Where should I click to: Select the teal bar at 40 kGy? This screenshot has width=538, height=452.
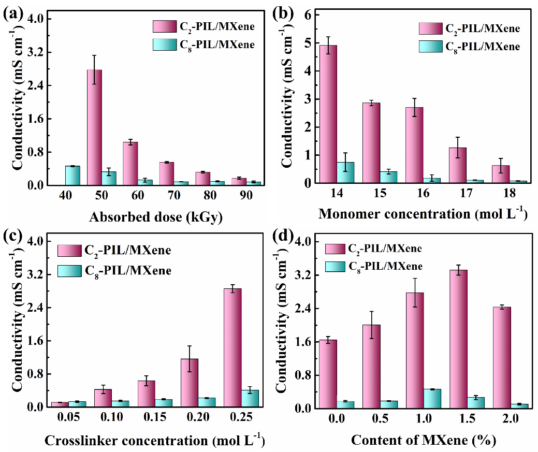(x=72, y=176)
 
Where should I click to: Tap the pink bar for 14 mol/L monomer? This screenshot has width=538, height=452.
(x=328, y=114)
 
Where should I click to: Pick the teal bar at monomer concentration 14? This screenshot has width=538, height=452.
(x=345, y=172)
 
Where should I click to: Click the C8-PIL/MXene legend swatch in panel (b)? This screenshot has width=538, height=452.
(x=431, y=47)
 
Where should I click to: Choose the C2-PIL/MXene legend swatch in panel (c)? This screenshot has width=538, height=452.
(x=69, y=251)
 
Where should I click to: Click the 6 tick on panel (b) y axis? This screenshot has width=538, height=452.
(x=308, y=15)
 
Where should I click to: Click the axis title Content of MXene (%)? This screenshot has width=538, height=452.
(x=424, y=441)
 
